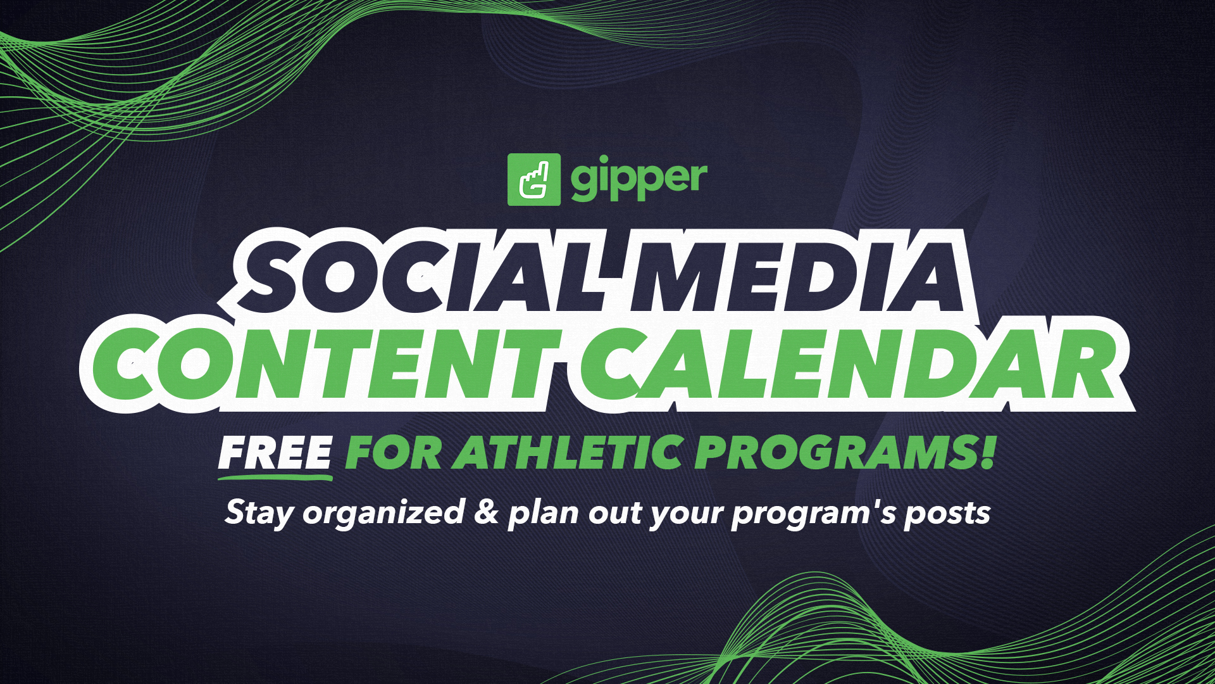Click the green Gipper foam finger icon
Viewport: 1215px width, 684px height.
point(533,179)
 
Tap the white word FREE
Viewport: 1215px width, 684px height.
point(275,452)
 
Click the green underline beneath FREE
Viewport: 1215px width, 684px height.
point(275,476)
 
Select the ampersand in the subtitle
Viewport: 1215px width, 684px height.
point(487,512)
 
